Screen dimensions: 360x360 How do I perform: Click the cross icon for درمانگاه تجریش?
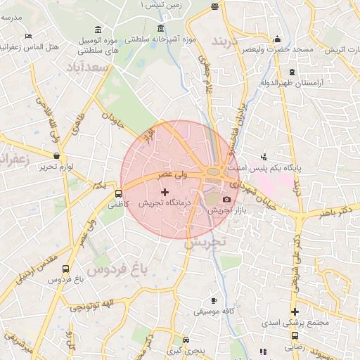coord(165,192)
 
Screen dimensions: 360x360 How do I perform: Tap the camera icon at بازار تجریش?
coord(226,200)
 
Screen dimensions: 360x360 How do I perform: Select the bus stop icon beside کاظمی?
coord(117,193)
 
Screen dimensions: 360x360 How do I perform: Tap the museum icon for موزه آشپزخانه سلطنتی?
coord(162,29)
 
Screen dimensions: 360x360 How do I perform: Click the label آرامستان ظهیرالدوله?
coord(291,83)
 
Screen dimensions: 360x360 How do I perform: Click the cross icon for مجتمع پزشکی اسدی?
coord(295,312)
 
